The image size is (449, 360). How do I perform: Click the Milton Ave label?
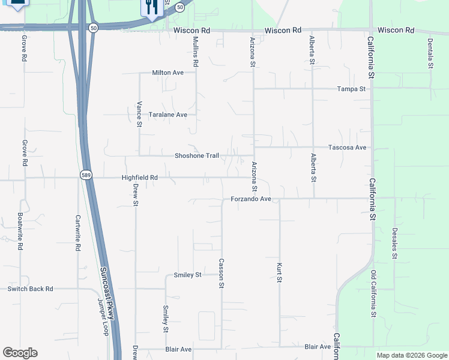167,73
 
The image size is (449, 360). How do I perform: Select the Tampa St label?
351,89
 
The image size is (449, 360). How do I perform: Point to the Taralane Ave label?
168,115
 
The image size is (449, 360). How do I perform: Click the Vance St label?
139,115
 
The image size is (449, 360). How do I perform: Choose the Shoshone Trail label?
196,156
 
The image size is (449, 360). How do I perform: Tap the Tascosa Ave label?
347,147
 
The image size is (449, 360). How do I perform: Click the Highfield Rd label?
139,178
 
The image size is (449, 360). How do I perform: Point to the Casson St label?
221,274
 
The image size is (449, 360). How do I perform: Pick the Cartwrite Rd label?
78,233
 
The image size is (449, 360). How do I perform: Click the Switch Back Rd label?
30,289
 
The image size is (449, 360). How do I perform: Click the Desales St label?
394,244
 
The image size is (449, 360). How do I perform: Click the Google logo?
20,353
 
